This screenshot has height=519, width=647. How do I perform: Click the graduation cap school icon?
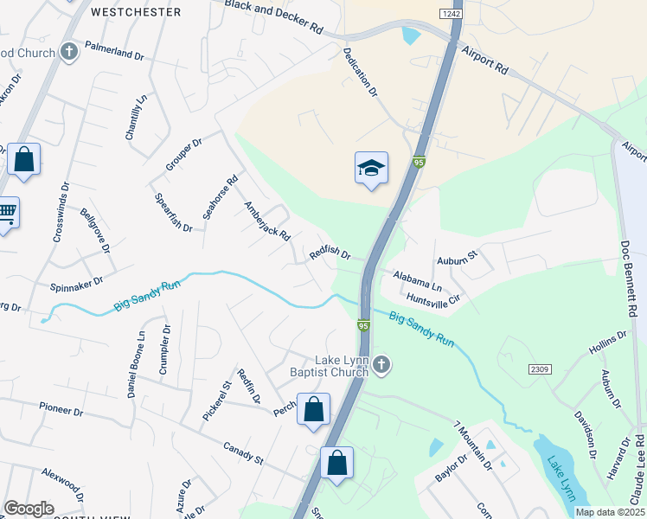[x=371, y=168]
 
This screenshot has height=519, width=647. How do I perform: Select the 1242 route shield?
[x=450, y=14]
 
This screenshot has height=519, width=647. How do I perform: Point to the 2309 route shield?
[x=540, y=369]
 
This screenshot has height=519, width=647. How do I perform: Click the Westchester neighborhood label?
[x=136, y=12]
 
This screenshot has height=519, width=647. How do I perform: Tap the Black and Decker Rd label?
[x=273, y=16]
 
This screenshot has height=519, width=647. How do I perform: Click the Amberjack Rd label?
[x=266, y=221]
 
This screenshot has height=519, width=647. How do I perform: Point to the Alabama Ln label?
[x=418, y=280]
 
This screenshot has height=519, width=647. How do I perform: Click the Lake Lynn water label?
[x=561, y=480]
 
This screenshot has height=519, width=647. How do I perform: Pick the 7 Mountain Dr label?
[x=472, y=445]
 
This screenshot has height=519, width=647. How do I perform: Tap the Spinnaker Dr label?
[x=76, y=281]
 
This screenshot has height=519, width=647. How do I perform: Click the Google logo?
[x=28, y=509]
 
